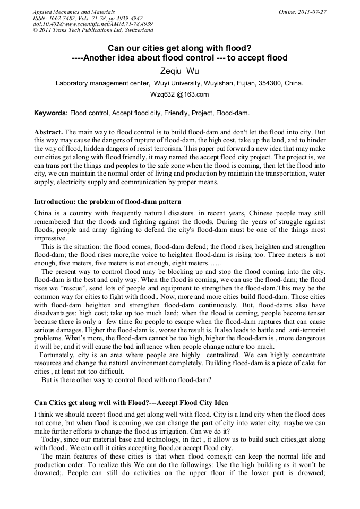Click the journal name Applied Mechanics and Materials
[74, 12]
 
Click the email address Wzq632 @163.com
[180, 94]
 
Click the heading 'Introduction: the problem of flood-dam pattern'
[108, 202]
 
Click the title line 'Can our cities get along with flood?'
[180, 48]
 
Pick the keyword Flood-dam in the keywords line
[232, 113]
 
